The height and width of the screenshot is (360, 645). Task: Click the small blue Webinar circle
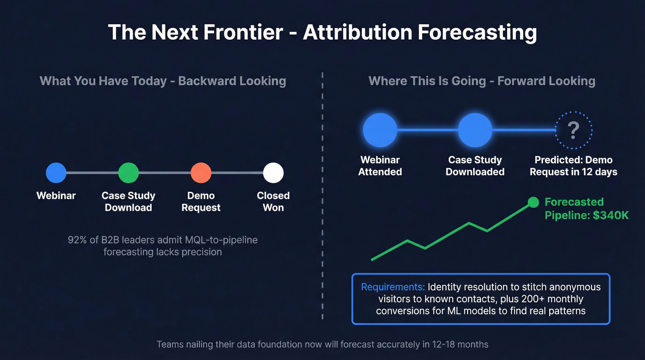pos(56,173)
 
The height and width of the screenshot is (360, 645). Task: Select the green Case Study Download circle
pos(129,173)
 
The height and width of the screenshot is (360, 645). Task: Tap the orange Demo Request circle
pos(201,173)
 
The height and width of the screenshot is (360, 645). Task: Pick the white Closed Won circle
pos(273,173)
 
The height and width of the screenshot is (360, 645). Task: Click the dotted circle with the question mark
pos(573,130)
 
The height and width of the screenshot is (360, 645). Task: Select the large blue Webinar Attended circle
pos(380,130)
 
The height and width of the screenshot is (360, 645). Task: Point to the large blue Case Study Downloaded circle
pos(475,130)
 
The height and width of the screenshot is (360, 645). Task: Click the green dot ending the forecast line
pos(533,202)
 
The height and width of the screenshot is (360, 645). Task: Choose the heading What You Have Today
pos(103,81)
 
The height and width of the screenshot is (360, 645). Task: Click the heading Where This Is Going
pos(427,81)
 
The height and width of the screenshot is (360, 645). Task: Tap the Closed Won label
pos(273,201)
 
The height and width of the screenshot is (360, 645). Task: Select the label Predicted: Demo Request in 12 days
pos(573,166)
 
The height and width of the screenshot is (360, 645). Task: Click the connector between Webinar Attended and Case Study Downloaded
pos(428,130)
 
